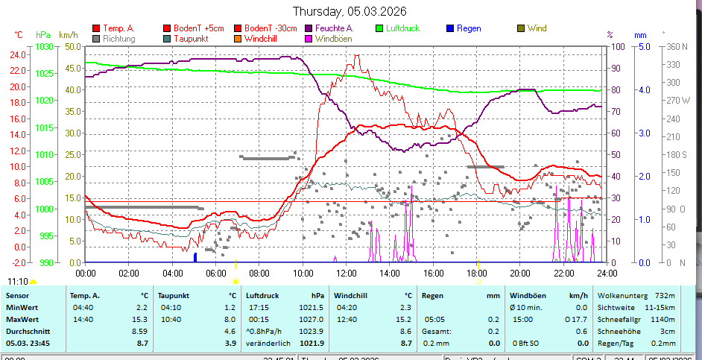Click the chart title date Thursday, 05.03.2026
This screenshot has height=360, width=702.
pos(350,11)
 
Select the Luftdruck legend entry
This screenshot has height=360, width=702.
pos(402,28)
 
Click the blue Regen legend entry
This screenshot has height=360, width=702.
pos(469,28)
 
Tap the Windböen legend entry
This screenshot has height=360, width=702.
pos(329,38)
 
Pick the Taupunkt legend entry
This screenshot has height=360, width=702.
pos(190,38)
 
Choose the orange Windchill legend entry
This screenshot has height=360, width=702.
pos(261,38)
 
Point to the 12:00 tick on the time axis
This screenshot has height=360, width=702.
pos(346,273)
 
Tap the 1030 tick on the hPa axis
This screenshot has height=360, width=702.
pos(44,46)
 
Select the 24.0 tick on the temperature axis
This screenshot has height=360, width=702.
pos(17,54)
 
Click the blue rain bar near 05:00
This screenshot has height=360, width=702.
pos(195,257)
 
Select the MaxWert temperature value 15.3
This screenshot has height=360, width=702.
pos(139,319)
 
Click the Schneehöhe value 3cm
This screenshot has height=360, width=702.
pos(668,331)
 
